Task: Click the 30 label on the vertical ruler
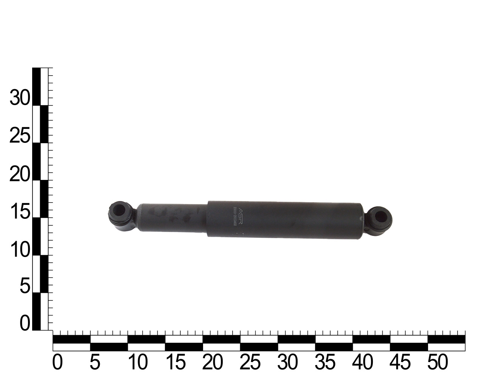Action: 20,99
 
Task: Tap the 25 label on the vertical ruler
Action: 20,136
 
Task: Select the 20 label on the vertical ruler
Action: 20,175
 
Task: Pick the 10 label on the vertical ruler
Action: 20,250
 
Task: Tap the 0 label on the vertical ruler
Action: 25,324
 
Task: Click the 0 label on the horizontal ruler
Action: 57,362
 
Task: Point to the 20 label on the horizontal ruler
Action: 212,362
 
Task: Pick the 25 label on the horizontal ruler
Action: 250,362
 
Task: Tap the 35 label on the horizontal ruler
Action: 325,362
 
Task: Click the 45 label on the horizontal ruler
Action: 400,362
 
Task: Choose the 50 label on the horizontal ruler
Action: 437,362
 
